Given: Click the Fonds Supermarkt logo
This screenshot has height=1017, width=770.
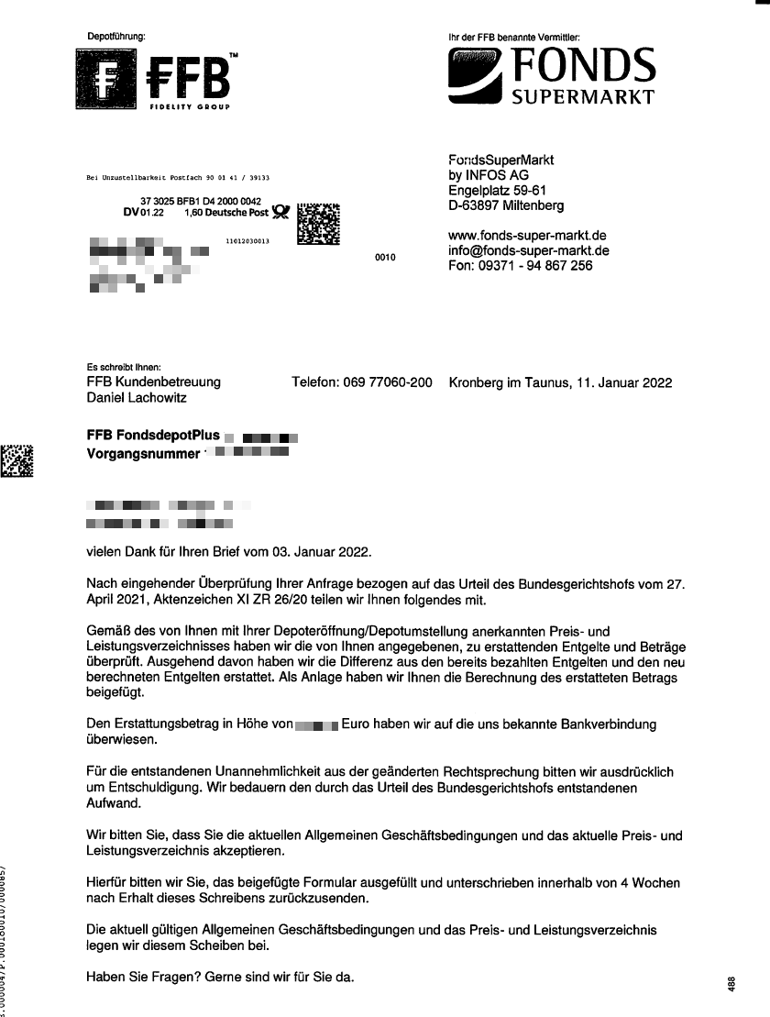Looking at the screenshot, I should tap(551, 79).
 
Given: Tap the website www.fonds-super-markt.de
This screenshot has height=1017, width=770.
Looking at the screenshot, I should tap(522, 236).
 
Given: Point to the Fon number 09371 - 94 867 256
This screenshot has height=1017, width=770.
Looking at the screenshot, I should tap(520, 266).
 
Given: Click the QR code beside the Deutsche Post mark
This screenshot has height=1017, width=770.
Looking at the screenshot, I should tap(319, 222).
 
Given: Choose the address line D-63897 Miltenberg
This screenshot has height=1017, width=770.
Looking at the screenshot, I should tap(506, 205).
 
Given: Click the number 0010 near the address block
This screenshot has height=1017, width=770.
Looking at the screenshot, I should tap(385, 258).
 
